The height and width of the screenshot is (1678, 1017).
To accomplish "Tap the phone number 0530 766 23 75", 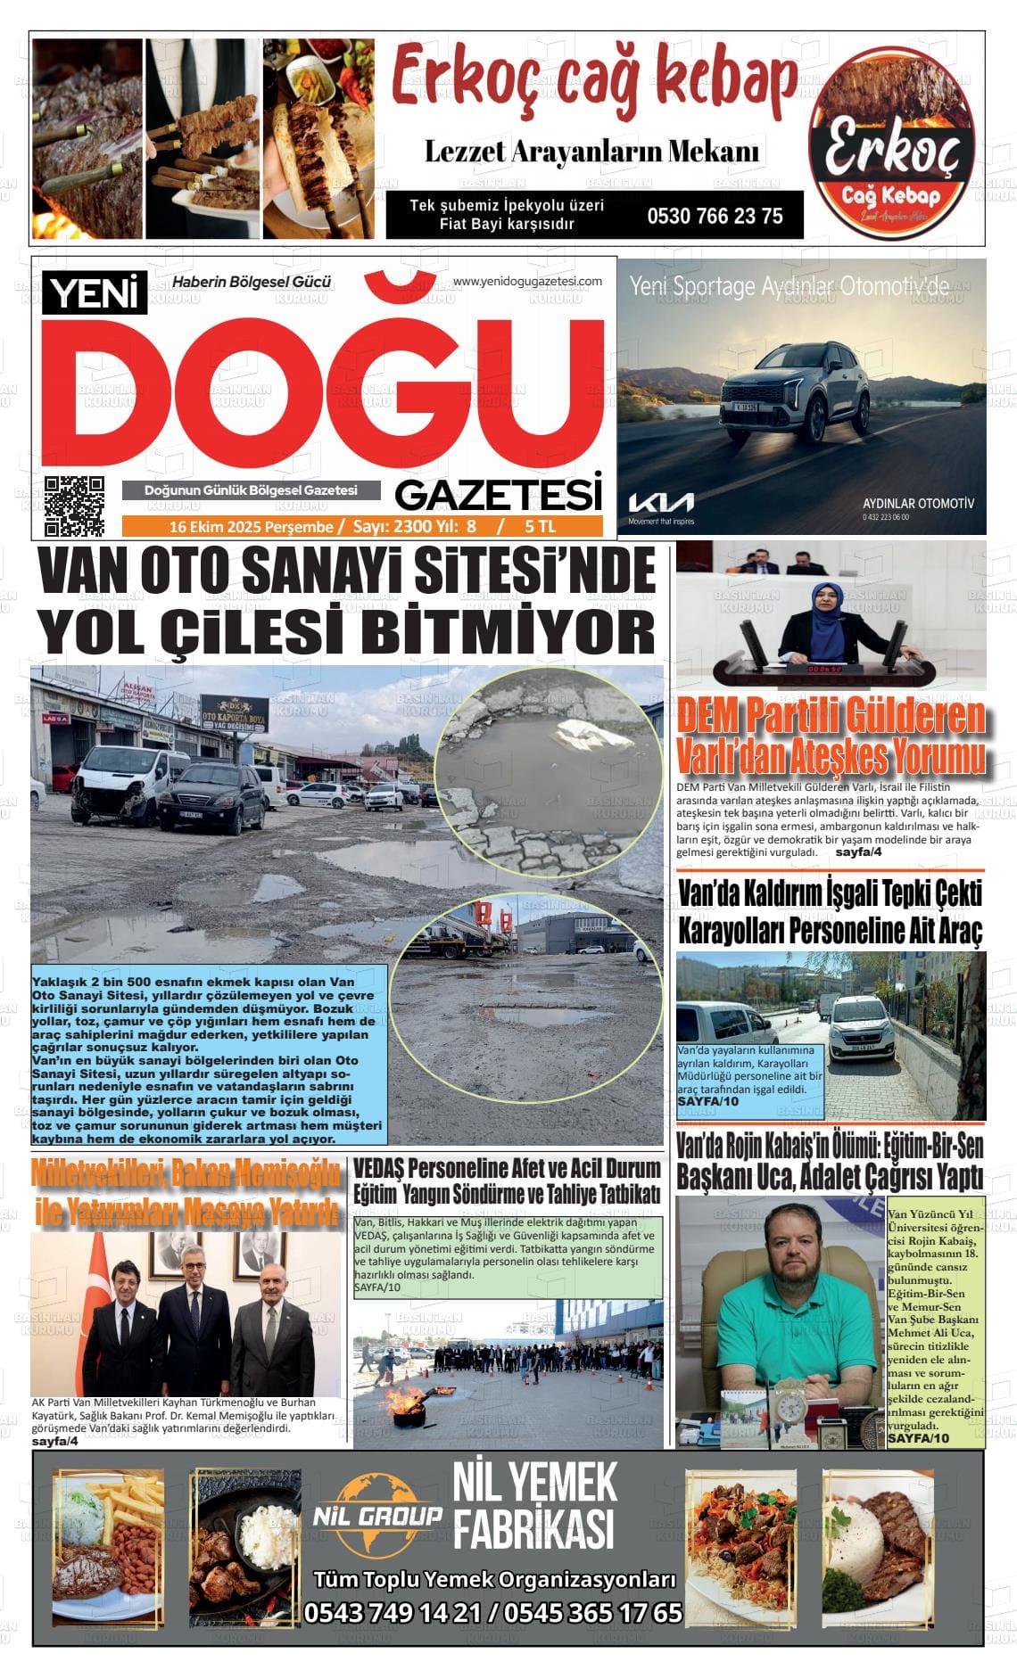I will coord(715,216).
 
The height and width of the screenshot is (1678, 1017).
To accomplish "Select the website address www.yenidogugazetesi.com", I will coord(527,282).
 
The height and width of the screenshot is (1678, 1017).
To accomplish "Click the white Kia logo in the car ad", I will coord(660,502).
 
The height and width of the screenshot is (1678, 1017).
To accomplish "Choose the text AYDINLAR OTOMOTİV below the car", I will coord(918,503).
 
